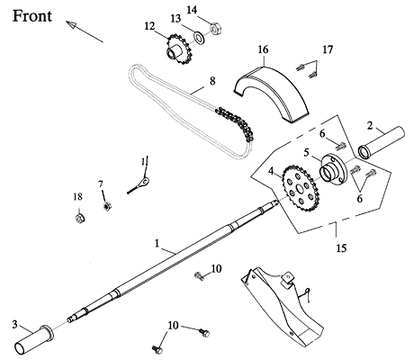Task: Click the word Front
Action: coord(32,16)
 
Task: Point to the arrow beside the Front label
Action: coord(85,31)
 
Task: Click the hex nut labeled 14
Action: coord(215,29)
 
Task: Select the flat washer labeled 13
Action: coord(199,37)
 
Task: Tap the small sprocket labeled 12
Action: coord(178,50)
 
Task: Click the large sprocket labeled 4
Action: coord(301,188)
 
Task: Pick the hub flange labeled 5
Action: coord(333,168)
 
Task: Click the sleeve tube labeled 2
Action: coord(382,142)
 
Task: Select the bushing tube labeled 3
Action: coord(33,339)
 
